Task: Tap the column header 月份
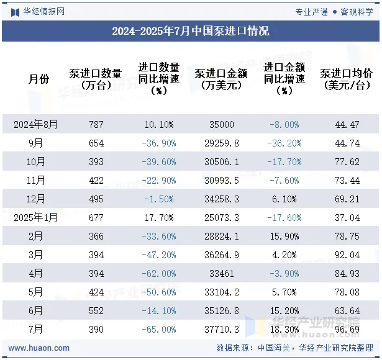click(39, 79)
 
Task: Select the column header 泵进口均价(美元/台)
click(347, 79)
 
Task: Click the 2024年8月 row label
click(36, 124)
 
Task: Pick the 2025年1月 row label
click(36, 217)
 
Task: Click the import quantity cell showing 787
click(96, 124)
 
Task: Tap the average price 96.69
click(347, 330)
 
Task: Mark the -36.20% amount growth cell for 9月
click(284, 143)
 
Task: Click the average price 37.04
click(347, 217)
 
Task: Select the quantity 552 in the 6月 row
click(96, 311)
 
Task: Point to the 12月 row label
click(36, 199)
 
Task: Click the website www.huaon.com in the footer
click(35, 348)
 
